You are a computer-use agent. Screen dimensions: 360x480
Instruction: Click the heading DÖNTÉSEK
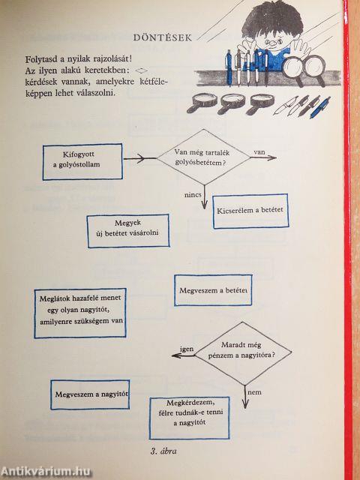(x=163, y=37)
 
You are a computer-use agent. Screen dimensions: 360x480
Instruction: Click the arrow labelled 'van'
(x=263, y=157)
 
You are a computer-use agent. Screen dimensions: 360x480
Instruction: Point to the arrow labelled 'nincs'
(x=205, y=197)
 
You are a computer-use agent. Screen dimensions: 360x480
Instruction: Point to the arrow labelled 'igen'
(x=183, y=355)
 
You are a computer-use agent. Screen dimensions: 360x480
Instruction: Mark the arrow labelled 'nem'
(x=244, y=397)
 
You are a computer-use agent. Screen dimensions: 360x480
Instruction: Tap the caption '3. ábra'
(x=163, y=451)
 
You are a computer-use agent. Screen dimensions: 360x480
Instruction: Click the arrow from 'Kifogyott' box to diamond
(x=140, y=158)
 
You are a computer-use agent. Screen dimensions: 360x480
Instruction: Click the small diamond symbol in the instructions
(x=141, y=70)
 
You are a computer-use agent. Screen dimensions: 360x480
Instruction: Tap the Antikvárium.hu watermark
(x=46, y=472)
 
